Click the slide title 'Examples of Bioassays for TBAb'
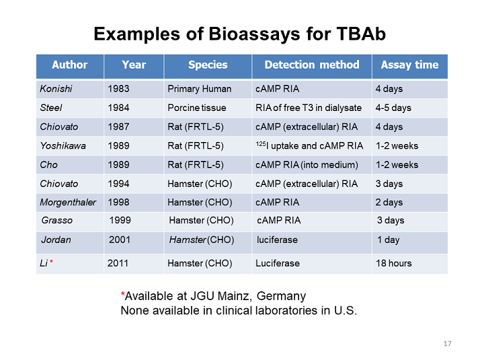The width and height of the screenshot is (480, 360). (x=239, y=34)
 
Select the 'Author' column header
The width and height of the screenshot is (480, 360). (x=69, y=65)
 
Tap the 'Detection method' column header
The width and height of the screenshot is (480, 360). (x=311, y=65)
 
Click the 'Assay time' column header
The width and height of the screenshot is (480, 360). (x=409, y=65)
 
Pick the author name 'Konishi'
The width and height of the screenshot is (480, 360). (x=55, y=89)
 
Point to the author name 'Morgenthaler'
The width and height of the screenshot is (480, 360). (x=68, y=203)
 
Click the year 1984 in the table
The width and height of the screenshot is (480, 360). (x=118, y=108)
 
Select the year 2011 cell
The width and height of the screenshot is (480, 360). (x=118, y=263)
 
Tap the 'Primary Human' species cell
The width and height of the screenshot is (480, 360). (x=199, y=89)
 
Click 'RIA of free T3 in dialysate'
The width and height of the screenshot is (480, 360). (x=308, y=108)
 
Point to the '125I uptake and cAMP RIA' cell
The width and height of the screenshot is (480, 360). (x=309, y=145)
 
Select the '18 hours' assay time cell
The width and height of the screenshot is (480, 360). (x=393, y=263)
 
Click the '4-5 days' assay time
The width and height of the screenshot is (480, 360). (x=393, y=108)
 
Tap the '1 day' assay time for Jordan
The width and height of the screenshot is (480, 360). (x=388, y=240)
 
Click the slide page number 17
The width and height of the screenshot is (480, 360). (x=448, y=344)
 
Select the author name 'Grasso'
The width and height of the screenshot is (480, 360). (x=56, y=220)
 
